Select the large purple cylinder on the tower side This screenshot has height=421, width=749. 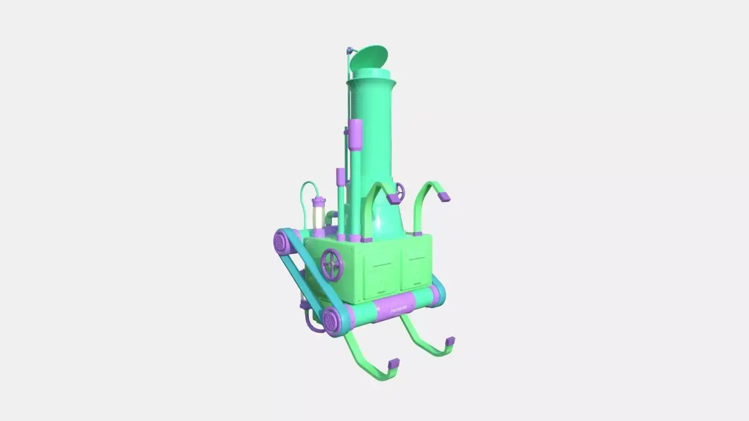355,135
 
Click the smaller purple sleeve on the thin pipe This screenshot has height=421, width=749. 340,177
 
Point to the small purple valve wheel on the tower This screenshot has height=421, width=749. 400,190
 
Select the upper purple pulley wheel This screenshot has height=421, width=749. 283,241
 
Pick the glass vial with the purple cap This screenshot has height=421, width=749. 318,215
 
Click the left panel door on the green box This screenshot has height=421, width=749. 379,273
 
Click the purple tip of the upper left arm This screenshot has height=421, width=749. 394,199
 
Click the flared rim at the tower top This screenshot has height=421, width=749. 372,79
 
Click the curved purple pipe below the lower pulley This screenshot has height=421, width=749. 310,321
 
